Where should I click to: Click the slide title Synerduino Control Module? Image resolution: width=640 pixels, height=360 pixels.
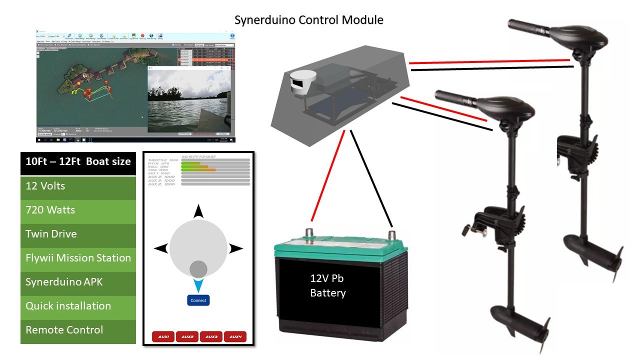(x=309, y=20)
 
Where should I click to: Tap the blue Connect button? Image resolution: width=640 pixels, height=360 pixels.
(x=198, y=300)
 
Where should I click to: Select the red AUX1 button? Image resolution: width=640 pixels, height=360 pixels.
(x=163, y=337)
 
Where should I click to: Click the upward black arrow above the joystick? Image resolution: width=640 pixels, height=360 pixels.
(x=198, y=211)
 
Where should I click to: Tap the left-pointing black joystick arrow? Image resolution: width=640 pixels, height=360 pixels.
(x=160, y=248)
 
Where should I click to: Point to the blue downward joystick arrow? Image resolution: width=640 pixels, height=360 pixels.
(x=198, y=285)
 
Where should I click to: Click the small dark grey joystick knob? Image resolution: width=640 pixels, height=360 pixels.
(x=198, y=269)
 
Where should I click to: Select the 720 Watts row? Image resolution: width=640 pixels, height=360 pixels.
(x=78, y=210)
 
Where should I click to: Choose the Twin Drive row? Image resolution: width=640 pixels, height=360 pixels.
(x=78, y=234)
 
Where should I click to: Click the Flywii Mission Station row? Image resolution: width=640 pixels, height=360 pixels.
(x=78, y=258)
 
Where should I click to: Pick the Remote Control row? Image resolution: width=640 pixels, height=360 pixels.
(x=78, y=330)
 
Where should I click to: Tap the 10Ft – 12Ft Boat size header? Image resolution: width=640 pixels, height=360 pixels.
(x=78, y=161)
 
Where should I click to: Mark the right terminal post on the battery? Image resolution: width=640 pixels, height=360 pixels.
(x=392, y=234)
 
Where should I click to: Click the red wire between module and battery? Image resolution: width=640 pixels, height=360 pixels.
(x=328, y=175)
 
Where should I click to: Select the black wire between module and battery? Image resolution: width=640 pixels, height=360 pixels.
(x=371, y=175)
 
